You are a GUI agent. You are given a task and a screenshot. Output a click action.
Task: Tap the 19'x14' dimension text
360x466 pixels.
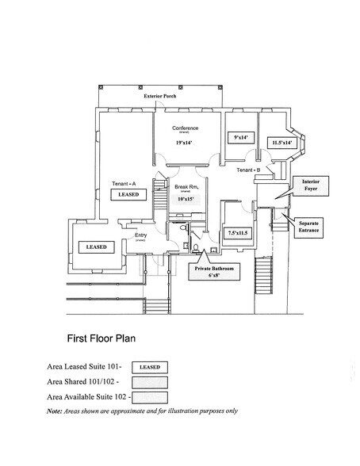tap(184, 142)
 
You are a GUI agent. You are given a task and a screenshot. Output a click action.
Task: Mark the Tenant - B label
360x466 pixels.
tap(249, 170)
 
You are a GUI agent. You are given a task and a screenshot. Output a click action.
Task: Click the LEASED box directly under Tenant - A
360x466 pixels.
tap(129, 193)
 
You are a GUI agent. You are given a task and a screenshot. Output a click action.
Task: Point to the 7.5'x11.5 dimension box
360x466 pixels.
tap(239, 234)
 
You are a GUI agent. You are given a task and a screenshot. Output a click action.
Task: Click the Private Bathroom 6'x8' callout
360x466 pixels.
tap(209, 272)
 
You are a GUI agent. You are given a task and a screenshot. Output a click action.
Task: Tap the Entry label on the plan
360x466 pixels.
tap(142, 235)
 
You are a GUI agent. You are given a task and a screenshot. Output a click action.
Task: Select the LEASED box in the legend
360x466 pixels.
tap(149, 367)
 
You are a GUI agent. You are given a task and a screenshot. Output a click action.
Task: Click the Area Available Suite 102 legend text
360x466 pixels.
tap(86, 396)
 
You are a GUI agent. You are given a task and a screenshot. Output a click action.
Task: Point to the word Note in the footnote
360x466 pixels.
tap(56, 411)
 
